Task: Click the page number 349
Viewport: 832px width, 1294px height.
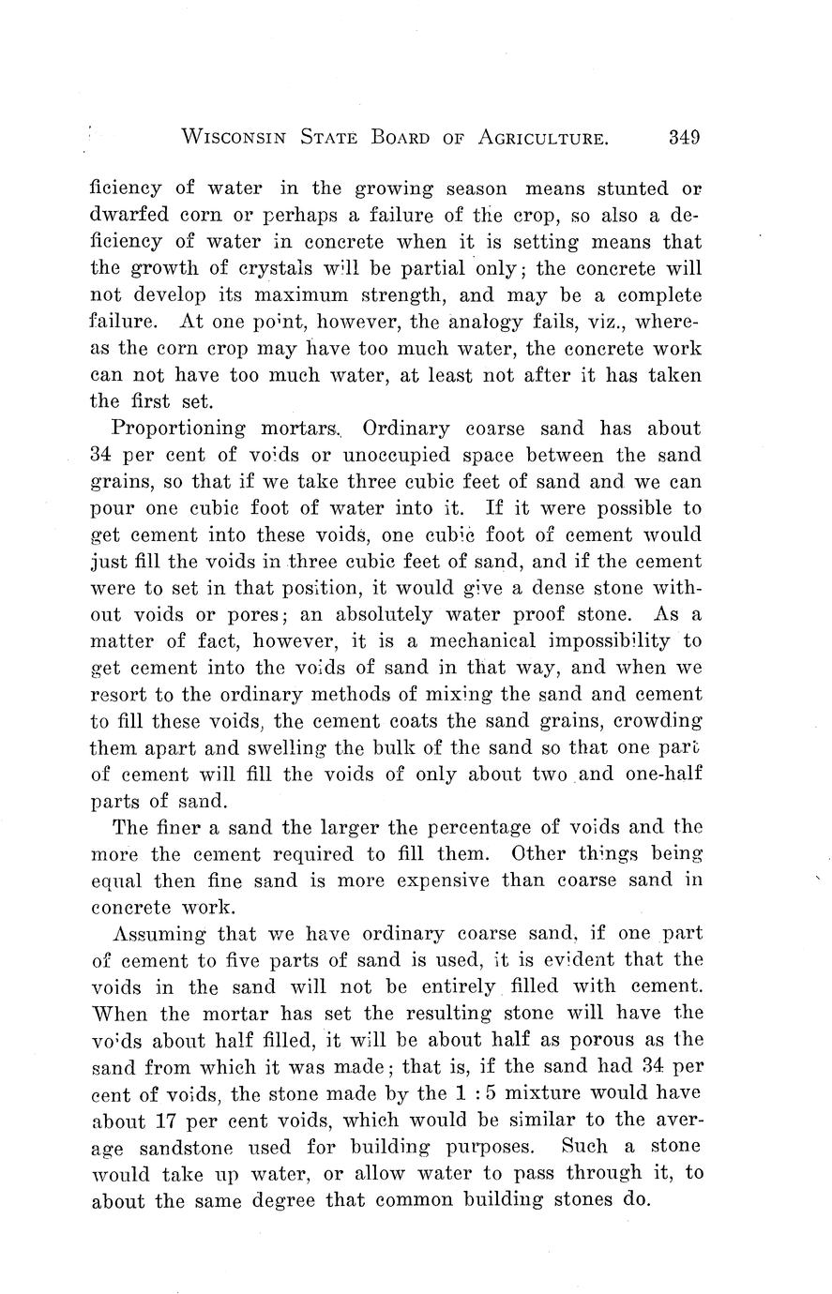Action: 684,138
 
